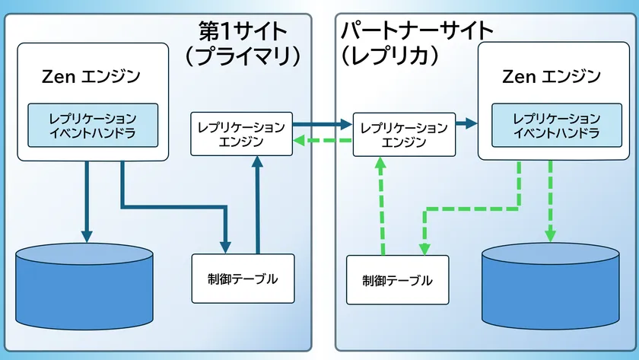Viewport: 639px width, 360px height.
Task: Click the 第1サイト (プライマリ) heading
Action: (243, 43)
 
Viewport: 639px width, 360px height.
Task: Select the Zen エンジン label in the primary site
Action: (92, 77)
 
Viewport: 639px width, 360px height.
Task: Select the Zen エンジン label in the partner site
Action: (552, 77)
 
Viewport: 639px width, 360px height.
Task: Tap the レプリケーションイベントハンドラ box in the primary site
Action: (93, 126)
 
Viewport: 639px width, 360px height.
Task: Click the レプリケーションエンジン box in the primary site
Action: (241, 134)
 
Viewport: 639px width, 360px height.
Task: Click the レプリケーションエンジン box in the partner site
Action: (404, 134)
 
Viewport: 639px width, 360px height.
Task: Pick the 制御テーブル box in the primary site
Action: (242, 278)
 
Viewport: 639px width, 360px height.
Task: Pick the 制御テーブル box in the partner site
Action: (397, 280)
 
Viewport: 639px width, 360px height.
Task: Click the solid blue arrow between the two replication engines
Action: (321, 123)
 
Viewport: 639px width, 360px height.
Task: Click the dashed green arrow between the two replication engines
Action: (321, 141)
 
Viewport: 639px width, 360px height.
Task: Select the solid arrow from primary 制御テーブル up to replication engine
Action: (259, 205)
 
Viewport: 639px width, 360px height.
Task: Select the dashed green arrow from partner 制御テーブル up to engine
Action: (383, 205)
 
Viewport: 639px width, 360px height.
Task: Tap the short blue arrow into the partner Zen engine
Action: (466, 123)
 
